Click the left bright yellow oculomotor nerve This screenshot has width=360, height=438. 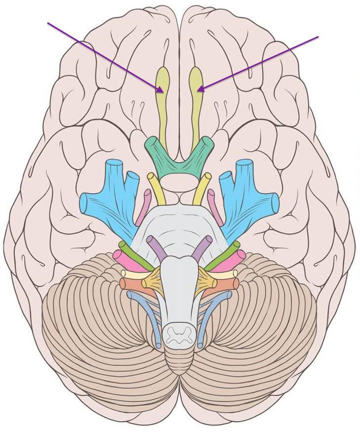(157, 188)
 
